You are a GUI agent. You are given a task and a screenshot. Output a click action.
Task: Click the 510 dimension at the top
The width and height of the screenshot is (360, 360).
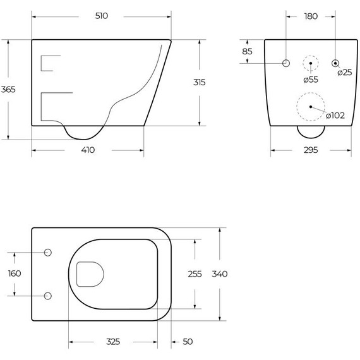click(x=101, y=16)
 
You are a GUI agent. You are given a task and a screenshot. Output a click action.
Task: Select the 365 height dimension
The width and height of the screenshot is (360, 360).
click(x=9, y=89)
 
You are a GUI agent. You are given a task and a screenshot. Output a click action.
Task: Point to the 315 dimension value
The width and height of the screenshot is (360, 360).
click(x=200, y=82)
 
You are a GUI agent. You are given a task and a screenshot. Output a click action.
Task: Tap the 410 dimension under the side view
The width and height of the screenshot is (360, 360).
click(x=87, y=150)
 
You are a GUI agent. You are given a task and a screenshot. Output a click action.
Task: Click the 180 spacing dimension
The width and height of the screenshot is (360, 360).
click(x=310, y=16)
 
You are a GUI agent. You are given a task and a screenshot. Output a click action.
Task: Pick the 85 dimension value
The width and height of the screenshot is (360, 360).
click(x=247, y=51)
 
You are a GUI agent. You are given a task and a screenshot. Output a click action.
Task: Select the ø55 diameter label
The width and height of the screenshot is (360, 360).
click(x=310, y=80)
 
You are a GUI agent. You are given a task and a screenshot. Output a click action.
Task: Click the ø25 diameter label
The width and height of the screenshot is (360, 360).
click(x=344, y=73)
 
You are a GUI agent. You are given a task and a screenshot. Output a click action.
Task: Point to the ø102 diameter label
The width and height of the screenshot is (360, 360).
click(x=335, y=114)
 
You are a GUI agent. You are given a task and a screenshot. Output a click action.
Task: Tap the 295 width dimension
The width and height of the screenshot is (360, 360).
click(x=310, y=150)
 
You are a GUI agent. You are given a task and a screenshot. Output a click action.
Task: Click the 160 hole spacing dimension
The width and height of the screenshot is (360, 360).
click(x=15, y=273)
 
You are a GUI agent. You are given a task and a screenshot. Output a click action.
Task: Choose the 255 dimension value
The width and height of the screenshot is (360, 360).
click(x=195, y=273)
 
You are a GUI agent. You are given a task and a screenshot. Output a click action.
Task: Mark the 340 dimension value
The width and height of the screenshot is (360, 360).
click(x=220, y=273)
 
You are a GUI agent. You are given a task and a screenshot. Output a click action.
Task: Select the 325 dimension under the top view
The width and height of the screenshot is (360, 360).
click(x=112, y=342)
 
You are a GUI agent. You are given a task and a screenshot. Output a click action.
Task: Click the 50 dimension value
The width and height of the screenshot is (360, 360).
click(x=188, y=342)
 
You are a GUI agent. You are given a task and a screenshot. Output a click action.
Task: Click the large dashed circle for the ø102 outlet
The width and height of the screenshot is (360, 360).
click(x=310, y=106)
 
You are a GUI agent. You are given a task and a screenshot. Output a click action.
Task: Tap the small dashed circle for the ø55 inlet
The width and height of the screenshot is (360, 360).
click(x=310, y=63)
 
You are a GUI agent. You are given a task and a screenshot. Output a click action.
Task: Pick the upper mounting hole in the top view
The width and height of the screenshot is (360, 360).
click(x=48, y=252)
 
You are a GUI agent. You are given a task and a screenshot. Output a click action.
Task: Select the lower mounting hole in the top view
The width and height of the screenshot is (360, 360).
click(x=48, y=296)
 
